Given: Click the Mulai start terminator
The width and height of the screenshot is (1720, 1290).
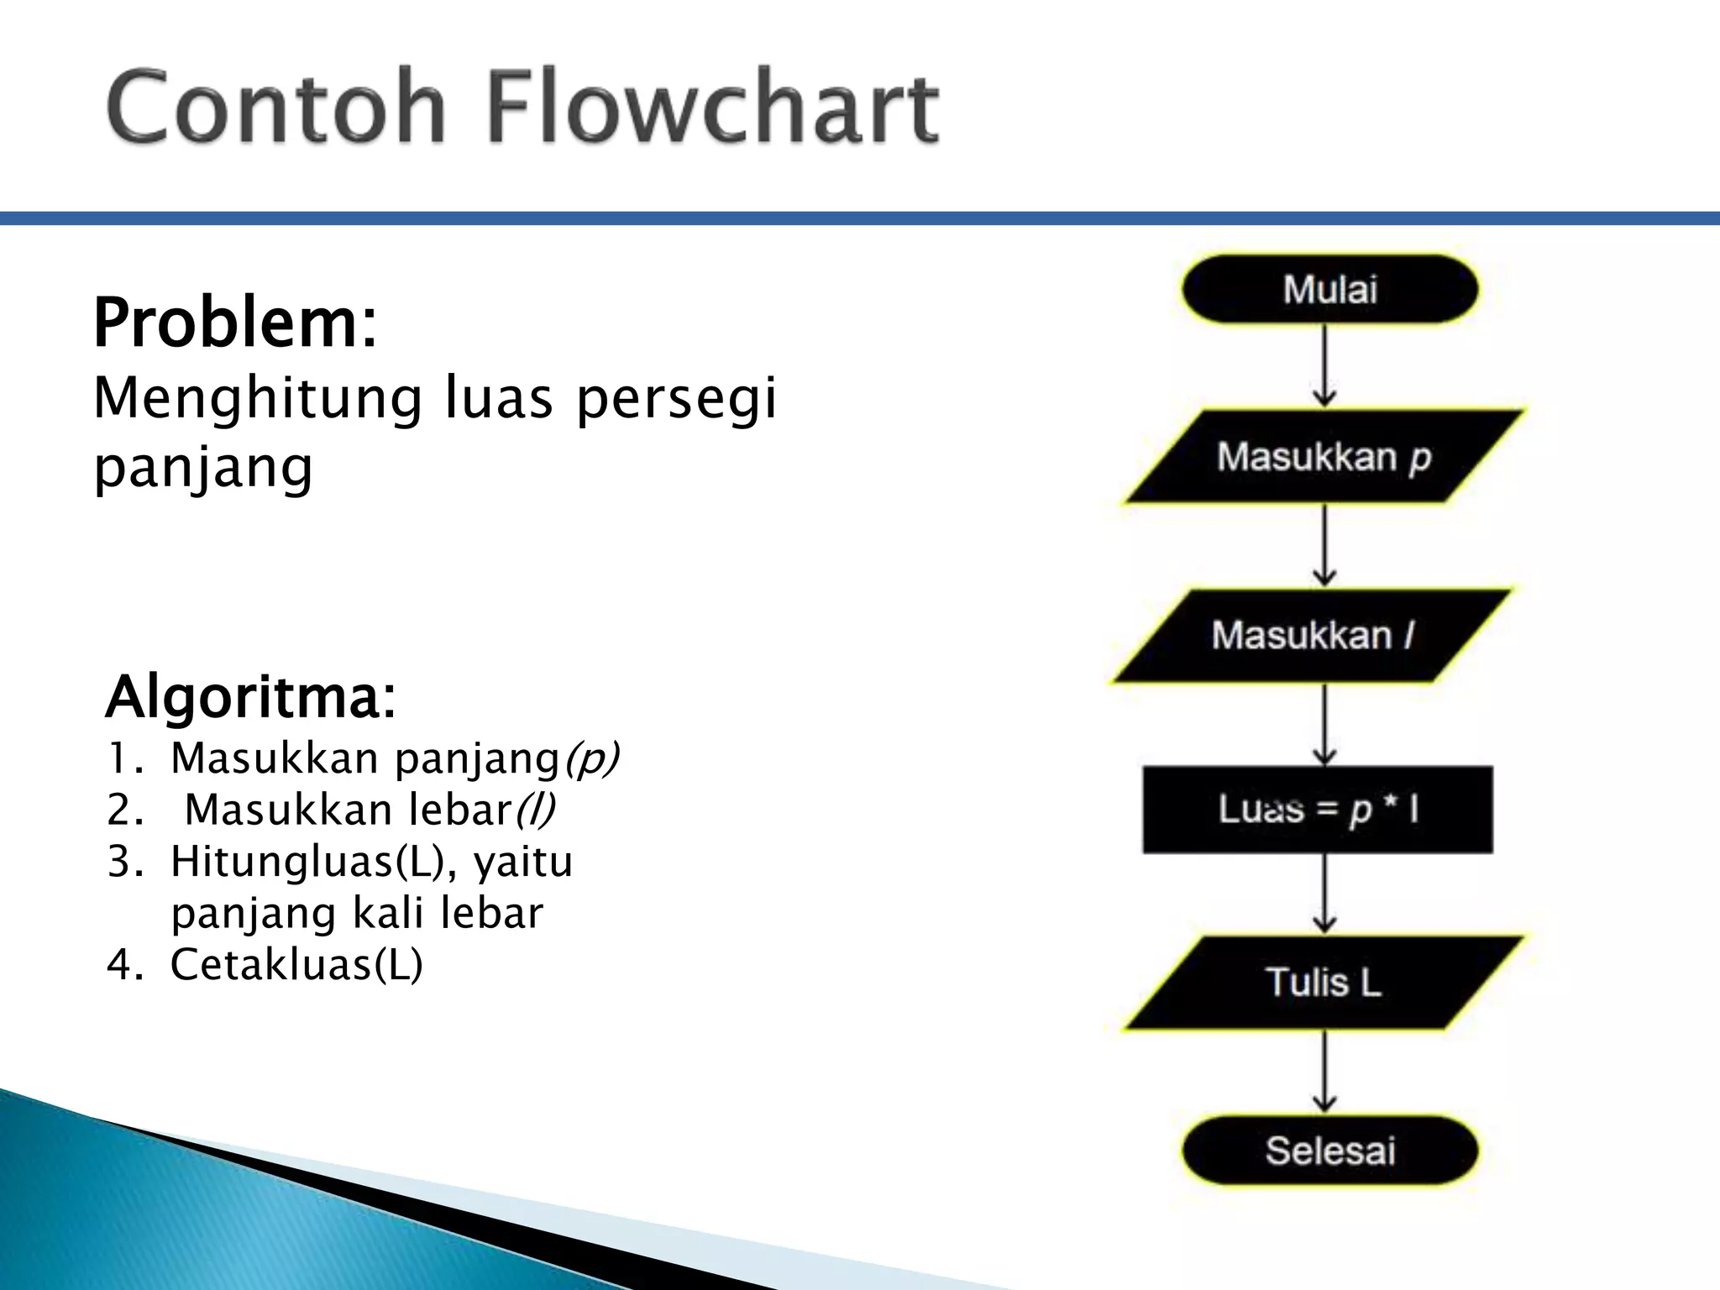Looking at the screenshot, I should coord(1329,290).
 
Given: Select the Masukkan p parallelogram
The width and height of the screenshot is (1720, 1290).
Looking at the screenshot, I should coord(1324,458).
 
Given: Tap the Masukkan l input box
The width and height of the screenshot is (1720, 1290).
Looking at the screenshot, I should coord(1313,636).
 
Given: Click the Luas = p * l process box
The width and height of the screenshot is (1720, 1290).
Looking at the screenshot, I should coord(1318,810).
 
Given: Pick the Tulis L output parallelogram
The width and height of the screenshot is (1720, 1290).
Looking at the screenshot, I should coord(1324,983).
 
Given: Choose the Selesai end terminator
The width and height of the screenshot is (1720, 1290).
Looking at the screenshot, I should coord(1329,1151).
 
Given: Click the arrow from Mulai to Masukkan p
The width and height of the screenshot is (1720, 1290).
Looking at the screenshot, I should coord(1325,366).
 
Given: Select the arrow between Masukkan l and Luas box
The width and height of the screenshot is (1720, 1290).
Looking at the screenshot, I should coord(1325,723).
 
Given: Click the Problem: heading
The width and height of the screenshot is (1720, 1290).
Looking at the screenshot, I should coord(235,323).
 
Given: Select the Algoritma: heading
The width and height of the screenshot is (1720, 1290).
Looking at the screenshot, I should coord(249,697).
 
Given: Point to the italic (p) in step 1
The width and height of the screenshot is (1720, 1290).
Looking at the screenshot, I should coord(590,759).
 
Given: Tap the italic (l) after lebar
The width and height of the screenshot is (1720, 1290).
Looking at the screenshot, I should coord(535,810).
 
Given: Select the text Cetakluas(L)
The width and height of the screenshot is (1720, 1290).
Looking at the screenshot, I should coord(296,964).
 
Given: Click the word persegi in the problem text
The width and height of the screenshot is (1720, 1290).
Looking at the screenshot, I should coord(676,398).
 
